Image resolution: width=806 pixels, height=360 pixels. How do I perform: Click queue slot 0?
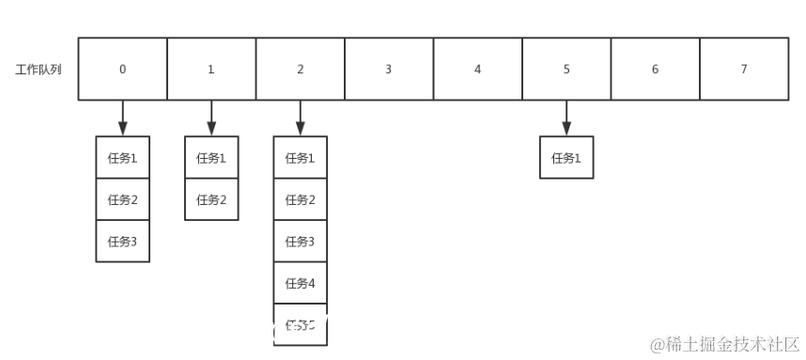point(122,69)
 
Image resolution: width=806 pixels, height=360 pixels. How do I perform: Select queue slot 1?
point(211,69)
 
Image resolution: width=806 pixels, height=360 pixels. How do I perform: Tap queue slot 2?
point(300,69)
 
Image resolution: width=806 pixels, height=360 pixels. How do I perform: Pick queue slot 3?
point(388,69)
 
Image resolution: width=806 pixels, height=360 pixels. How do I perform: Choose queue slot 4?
point(477,69)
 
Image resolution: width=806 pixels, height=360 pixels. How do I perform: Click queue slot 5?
point(566,69)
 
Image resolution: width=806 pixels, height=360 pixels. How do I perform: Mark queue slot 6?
point(655,69)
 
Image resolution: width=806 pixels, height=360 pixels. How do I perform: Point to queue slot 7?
point(744,69)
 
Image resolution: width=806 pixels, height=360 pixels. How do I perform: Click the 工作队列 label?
point(39,70)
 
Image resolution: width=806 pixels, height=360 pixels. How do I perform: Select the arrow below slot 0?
point(122,117)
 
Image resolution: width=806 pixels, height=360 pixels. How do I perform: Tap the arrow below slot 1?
point(211,117)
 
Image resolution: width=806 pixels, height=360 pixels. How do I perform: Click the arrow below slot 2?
point(300,117)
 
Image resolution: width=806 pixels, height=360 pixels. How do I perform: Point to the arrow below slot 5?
point(566,117)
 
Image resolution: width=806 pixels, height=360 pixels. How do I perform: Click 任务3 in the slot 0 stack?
point(122,242)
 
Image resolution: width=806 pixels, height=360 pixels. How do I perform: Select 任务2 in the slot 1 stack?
point(211,199)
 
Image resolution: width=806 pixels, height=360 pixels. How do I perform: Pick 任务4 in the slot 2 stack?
point(300,284)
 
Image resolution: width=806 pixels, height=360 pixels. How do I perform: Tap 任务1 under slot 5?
point(566,158)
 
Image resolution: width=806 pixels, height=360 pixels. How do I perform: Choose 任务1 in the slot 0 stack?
point(122,158)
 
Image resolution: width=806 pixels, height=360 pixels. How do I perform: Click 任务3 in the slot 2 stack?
point(300,242)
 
